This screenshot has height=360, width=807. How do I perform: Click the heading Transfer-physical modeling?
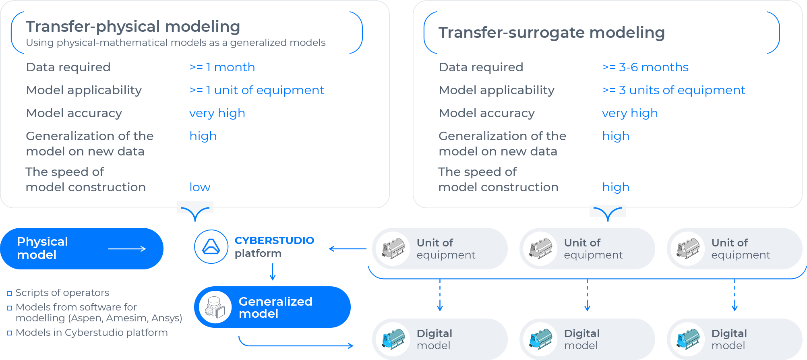point(133,27)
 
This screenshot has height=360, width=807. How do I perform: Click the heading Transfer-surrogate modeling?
point(551,33)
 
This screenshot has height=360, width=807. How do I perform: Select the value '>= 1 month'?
point(222,67)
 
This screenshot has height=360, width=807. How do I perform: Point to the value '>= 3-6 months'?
point(645,67)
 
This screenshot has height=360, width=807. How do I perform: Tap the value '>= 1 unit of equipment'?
point(257,90)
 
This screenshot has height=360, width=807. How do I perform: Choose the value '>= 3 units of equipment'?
point(673,90)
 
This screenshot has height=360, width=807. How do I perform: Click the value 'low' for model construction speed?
point(200,187)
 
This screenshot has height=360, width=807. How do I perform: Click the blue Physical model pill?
point(60,248)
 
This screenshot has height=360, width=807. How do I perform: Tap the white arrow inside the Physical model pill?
point(127,249)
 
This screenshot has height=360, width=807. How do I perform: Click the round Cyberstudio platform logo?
point(211,247)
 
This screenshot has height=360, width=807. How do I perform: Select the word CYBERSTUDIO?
point(274,240)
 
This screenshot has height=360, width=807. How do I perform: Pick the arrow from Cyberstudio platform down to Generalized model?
point(273,272)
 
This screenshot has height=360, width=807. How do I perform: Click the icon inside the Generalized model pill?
point(215,307)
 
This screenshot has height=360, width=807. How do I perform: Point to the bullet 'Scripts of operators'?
point(62,293)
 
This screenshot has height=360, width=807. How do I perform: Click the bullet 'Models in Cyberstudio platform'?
point(91,333)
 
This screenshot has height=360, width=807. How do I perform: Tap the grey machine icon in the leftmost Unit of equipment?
point(393,248)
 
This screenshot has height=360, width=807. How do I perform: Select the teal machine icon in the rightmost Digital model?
point(688,339)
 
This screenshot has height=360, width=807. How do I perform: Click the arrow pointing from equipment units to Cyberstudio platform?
point(347,249)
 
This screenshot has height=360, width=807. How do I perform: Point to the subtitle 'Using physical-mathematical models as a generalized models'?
point(176,43)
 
